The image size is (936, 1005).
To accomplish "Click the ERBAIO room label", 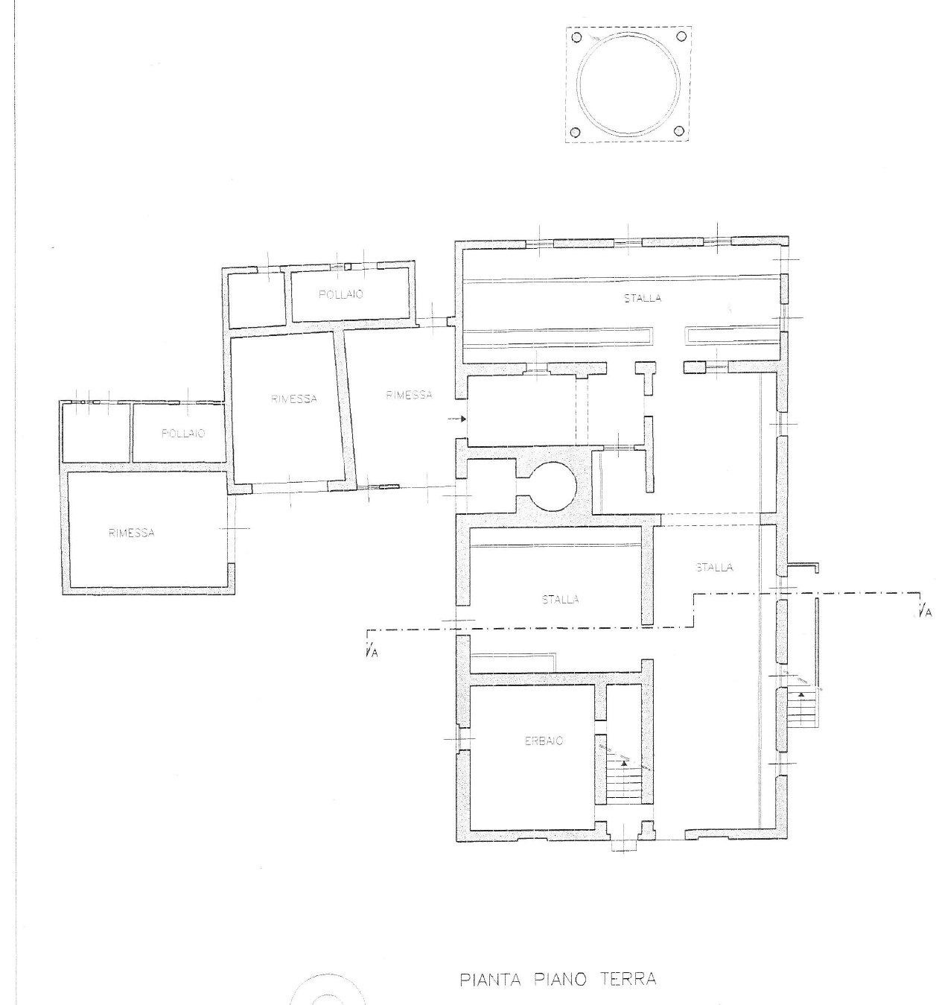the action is pos(544,741).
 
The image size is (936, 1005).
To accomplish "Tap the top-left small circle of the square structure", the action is pos(576,37).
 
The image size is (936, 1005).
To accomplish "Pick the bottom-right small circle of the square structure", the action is pos(679,131).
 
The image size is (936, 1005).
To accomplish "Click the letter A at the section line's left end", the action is pos(374,653).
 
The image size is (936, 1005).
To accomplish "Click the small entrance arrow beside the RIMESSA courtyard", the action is pos(457,419).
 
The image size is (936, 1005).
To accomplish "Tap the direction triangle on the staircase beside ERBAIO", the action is pos(624,763).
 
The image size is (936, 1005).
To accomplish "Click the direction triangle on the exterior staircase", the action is pos(801,694).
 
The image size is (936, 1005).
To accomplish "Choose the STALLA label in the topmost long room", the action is pos(643,298).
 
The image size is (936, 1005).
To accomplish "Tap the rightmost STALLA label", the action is pos(714,567).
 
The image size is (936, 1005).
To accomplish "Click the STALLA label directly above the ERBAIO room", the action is pos(561,600).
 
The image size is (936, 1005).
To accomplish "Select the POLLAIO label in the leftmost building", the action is pos(183,434).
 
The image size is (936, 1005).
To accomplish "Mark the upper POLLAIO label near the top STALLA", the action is pos(341,294).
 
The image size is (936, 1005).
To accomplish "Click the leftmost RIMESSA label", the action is pos(132,533).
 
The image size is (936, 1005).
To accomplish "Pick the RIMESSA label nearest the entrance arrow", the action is pos(410,395).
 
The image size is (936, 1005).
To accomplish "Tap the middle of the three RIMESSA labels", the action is pos(294,399).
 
